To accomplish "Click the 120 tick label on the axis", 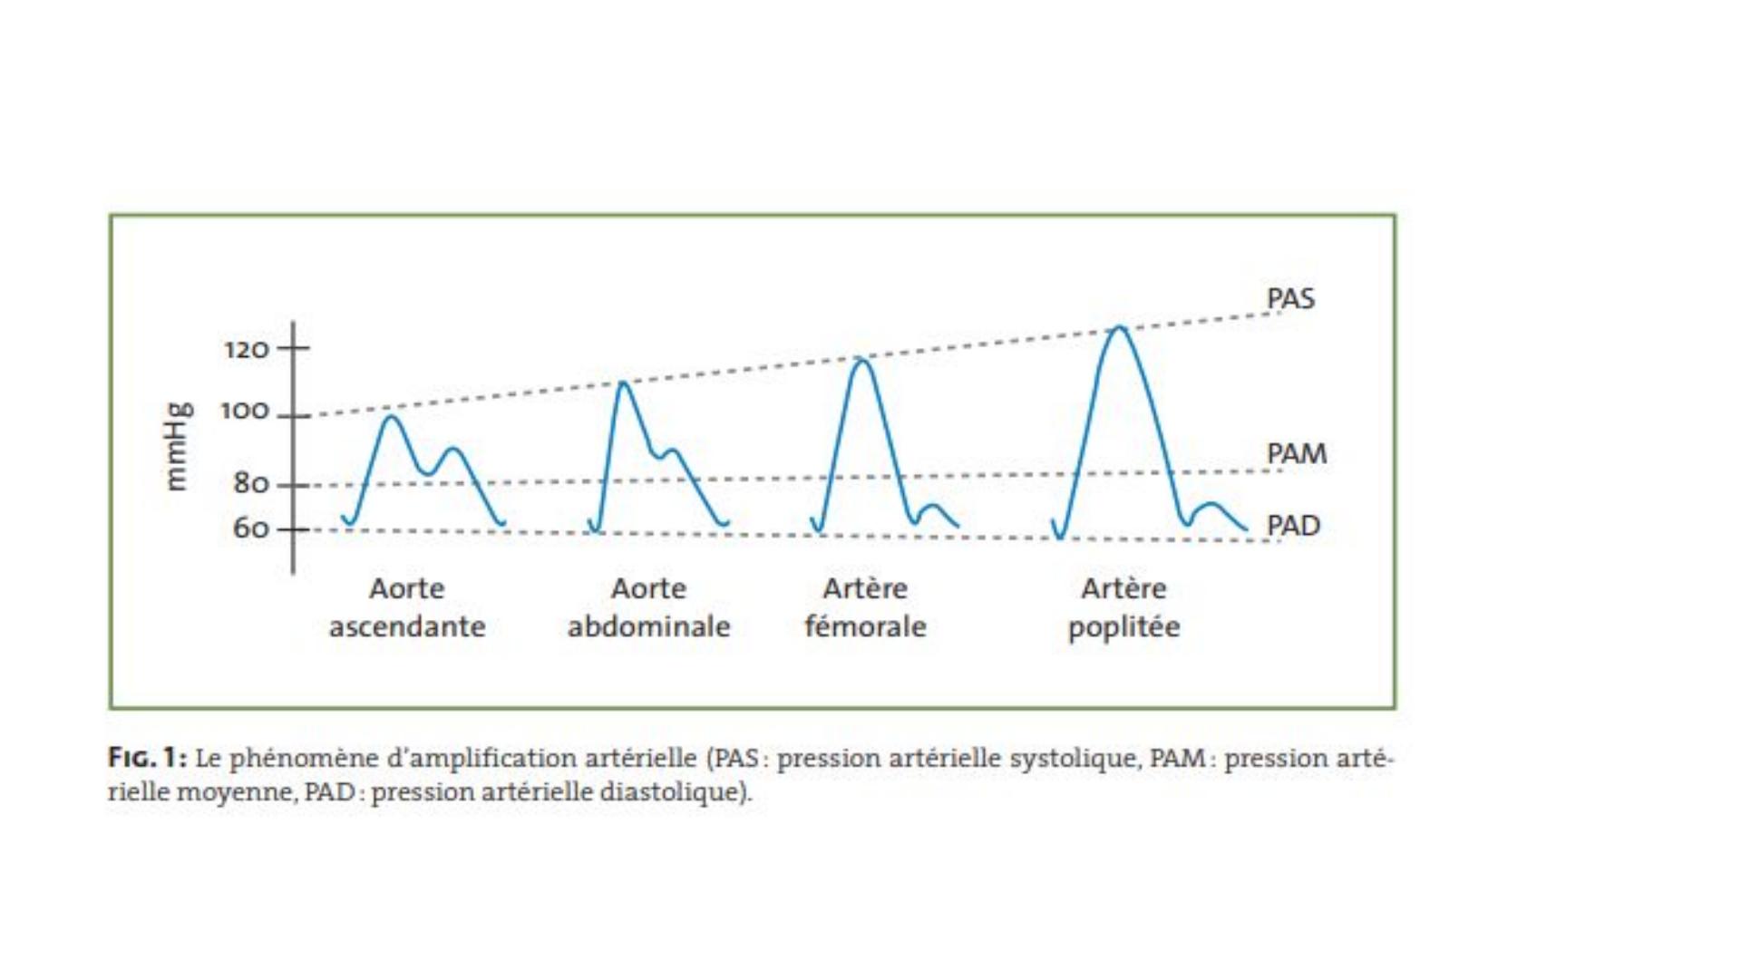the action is [247, 349].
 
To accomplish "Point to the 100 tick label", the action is [245, 411].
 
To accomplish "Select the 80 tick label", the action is [251, 483].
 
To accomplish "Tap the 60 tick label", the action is [251, 528].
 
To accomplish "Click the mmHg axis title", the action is [177, 446].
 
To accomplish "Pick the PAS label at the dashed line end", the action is [1290, 298].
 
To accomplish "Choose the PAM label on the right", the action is [1297, 453].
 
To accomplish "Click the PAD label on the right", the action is [1293, 526].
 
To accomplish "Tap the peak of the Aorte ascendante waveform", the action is [391, 417].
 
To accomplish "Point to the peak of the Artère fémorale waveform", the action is [861, 361].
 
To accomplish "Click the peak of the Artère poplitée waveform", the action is [1120, 328].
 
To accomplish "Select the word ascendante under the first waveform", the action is [407, 626].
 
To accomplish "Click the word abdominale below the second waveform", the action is [648, 625].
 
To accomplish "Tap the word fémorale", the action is [865, 625].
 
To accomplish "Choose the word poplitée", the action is [1123, 626].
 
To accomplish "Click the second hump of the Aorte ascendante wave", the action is [453, 450].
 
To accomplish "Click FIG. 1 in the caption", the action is [148, 758].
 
